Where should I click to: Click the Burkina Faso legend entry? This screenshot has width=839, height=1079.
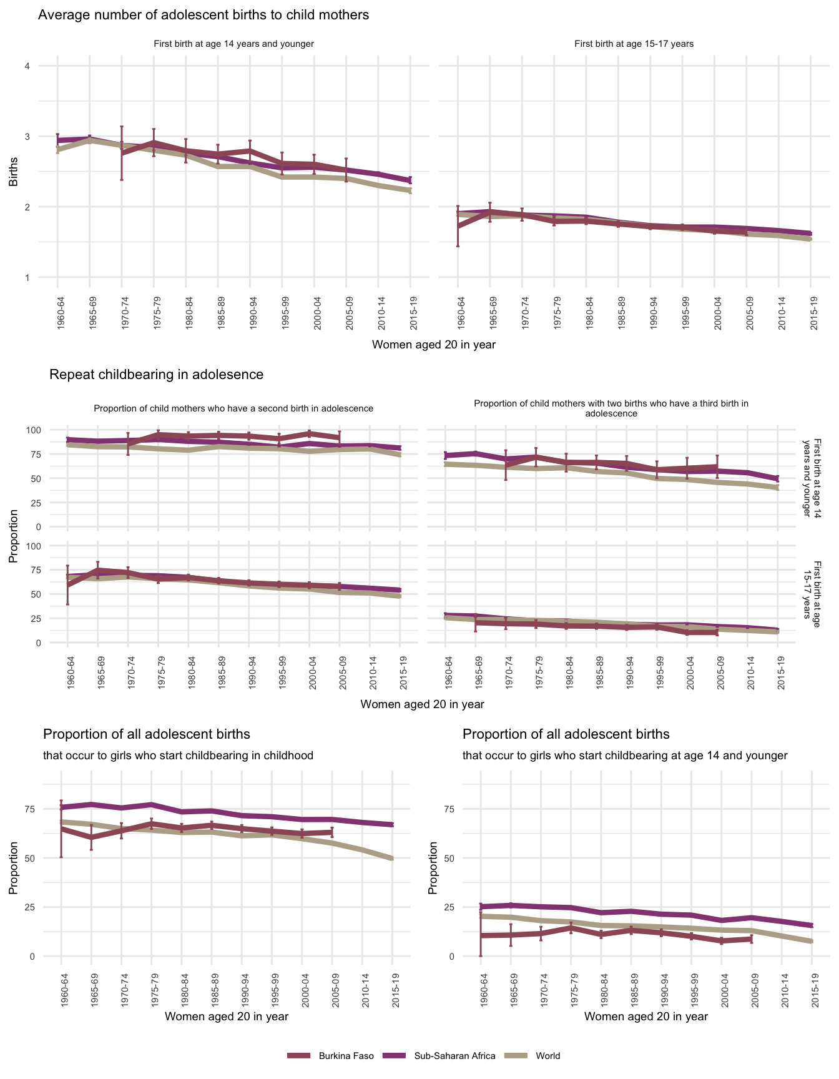point(346,1056)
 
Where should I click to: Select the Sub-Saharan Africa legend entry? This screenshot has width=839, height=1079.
point(454,1056)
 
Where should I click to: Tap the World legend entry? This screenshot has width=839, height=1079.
point(547,1056)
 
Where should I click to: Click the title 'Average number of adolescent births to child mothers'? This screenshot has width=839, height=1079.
point(204,15)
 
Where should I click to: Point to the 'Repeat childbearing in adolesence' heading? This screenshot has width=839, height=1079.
point(156,375)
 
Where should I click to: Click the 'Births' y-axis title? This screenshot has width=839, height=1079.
point(13,172)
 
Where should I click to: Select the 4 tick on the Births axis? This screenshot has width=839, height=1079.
point(27,66)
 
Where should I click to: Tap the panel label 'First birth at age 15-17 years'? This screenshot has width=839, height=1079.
point(634,44)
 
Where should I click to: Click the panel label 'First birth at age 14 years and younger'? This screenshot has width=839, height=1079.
point(233,44)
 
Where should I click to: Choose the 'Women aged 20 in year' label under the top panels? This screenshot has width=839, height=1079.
point(433,345)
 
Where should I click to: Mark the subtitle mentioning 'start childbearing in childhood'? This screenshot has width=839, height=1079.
point(178,756)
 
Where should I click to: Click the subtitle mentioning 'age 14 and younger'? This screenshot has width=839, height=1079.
point(625,756)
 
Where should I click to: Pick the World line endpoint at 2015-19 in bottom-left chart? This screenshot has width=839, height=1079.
point(392,859)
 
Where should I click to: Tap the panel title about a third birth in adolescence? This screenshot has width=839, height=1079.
point(611,408)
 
